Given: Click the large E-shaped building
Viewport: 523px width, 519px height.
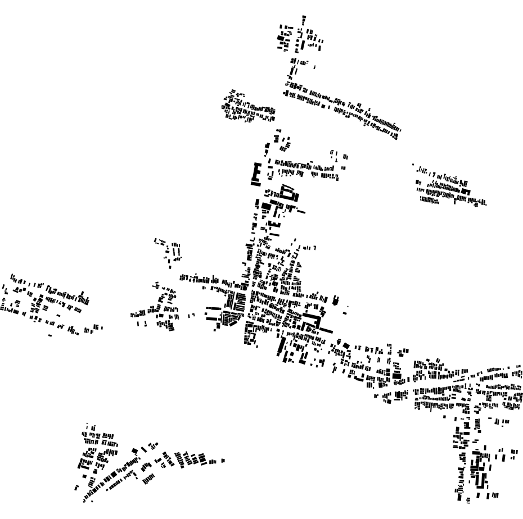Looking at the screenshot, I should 255,174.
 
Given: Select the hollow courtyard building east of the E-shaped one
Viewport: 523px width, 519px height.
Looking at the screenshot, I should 290,193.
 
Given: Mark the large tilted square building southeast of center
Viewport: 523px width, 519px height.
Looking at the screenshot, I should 396,376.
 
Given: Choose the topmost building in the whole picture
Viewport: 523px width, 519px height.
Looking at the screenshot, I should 304,17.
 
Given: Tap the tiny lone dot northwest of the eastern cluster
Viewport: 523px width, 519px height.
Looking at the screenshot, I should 413,165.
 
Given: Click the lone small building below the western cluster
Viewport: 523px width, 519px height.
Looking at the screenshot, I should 50,335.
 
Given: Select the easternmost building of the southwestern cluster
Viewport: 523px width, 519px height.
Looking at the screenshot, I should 223,461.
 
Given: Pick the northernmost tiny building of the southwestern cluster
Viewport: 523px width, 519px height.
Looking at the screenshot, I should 87,424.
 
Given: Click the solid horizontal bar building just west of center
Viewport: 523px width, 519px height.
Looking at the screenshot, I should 213,308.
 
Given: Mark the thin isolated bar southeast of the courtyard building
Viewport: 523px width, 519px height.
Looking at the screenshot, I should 299,212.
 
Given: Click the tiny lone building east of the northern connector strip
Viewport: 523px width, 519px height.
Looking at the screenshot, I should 315,67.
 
